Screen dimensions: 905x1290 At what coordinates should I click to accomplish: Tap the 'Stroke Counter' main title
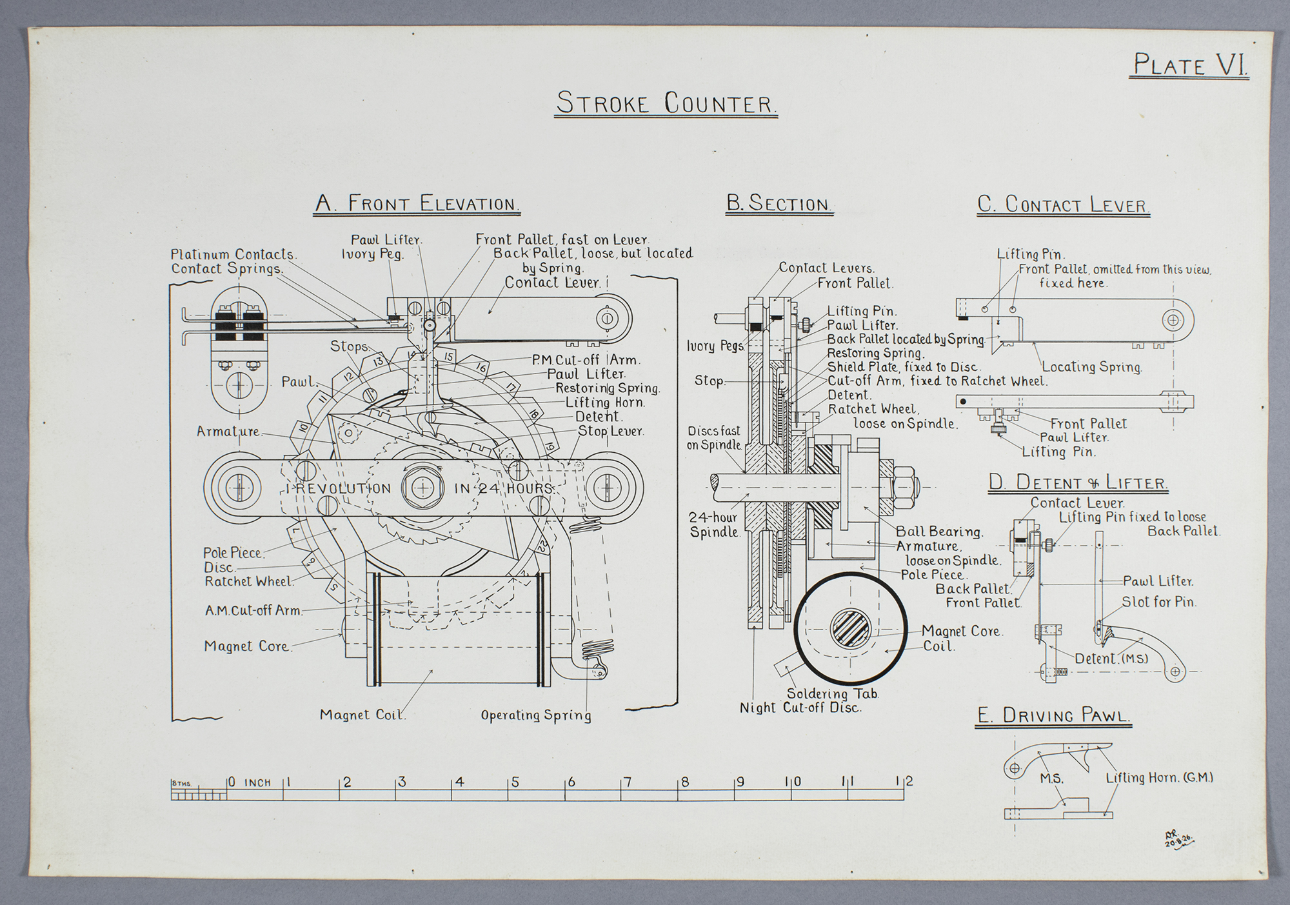coord(666,103)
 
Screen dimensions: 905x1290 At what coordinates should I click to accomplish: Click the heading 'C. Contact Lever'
coord(1064,204)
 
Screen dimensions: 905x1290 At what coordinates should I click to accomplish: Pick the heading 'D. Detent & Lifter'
coord(1078,482)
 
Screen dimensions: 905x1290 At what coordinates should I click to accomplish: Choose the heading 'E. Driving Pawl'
coord(1053,715)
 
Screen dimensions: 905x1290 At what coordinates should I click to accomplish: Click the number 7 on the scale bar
coord(628,782)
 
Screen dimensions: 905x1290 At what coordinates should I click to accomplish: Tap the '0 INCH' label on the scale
coord(250,782)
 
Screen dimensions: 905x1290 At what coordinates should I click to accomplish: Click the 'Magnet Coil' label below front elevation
coord(362,715)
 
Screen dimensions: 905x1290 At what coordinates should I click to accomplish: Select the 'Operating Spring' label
coord(536,715)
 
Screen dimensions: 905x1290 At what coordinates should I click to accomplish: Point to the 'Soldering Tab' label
coord(833,694)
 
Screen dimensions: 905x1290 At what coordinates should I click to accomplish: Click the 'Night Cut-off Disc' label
coord(800,708)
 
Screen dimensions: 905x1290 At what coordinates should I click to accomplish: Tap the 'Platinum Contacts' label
coord(233,254)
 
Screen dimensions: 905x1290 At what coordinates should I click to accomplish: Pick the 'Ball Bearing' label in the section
coord(939,532)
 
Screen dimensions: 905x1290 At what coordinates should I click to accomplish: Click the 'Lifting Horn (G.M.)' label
coord(1159,778)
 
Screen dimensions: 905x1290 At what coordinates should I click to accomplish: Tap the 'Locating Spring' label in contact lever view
coord(1092,367)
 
